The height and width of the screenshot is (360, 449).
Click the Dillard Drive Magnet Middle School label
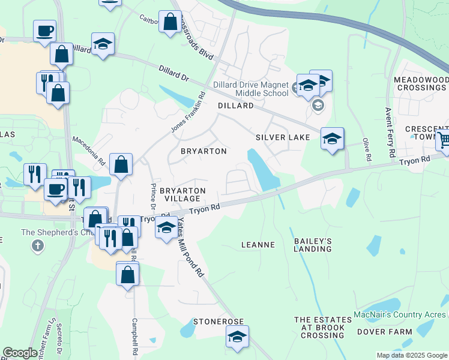[254, 89]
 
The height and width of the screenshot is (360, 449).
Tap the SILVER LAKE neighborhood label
[283, 137]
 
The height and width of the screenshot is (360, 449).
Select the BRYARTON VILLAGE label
[183, 194]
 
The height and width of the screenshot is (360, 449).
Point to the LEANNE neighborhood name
[258, 245]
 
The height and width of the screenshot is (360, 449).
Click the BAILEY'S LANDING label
[312, 245]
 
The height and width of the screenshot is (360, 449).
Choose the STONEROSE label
[217, 322]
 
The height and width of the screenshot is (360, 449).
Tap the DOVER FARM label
[384, 332]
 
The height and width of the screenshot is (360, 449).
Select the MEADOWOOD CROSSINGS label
[421, 83]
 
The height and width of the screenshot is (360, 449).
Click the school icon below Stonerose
[237, 337]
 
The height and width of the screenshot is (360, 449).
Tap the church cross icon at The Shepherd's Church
[38, 245]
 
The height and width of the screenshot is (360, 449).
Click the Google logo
[20, 353]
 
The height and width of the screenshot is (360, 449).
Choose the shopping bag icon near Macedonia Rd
[121, 164]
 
